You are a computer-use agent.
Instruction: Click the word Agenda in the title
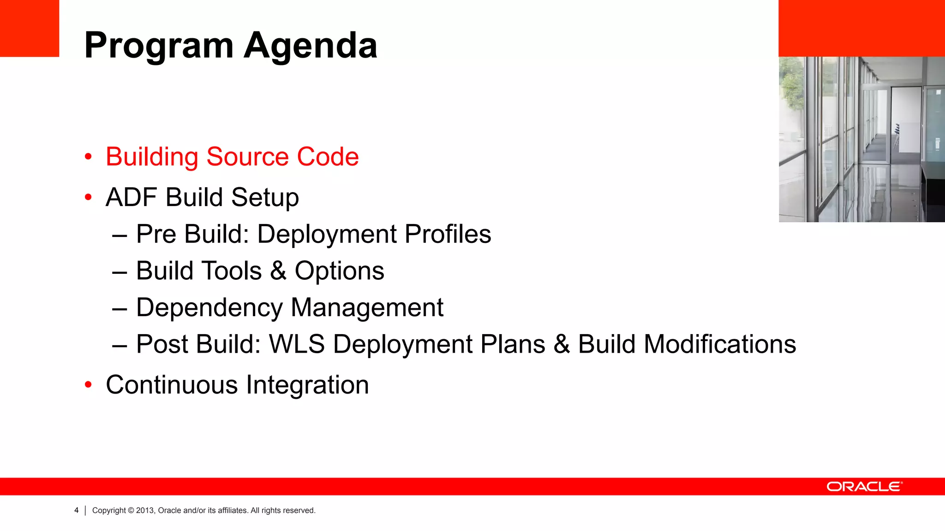pyautogui.click(x=310, y=46)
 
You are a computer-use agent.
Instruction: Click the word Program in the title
pyautogui.click(x=159, y=46)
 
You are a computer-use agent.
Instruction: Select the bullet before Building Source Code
pyautogui.click(x=88, y=157)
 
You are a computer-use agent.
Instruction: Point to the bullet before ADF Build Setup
pyautogui.click(x=88, y=198)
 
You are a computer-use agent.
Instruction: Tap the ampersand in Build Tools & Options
pyautogui.click(x=278, y=271)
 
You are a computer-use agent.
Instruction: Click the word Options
pyautogui.click(x=339, y=271)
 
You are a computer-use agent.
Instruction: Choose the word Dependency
pyautogui.click(x=209, y=308)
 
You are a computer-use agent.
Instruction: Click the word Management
pyautogui.click(x=367, y=308)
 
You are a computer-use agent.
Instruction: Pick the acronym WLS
pyautogui.click(x=297, y=344)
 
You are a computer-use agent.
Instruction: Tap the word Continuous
pyautogui.click(x=172, y=385)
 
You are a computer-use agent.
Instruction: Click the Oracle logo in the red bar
pyautogui.click(x=864, y=487)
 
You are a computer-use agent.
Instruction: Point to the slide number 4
pyautogui.click(x=77, y=510)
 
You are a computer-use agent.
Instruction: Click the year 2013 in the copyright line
pyautogui.click(x=144, y=510)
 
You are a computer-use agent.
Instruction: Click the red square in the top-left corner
pyautogui.click(x=30, y=28)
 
